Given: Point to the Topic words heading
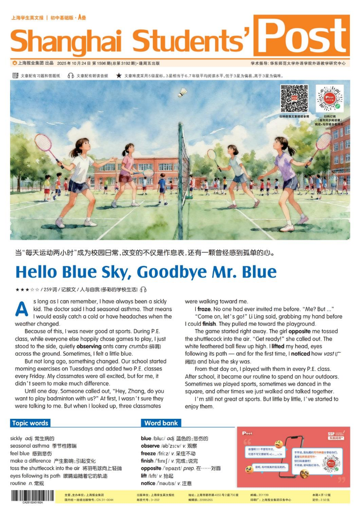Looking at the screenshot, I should point(30,423).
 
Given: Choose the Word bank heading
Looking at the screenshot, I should point(161,423).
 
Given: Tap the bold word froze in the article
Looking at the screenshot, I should point(204,309).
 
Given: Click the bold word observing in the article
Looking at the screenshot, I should point(89,346).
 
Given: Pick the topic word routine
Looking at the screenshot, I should point(18,483).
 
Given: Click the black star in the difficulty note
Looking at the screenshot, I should point(119,75).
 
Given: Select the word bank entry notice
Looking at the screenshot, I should point(149,483).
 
